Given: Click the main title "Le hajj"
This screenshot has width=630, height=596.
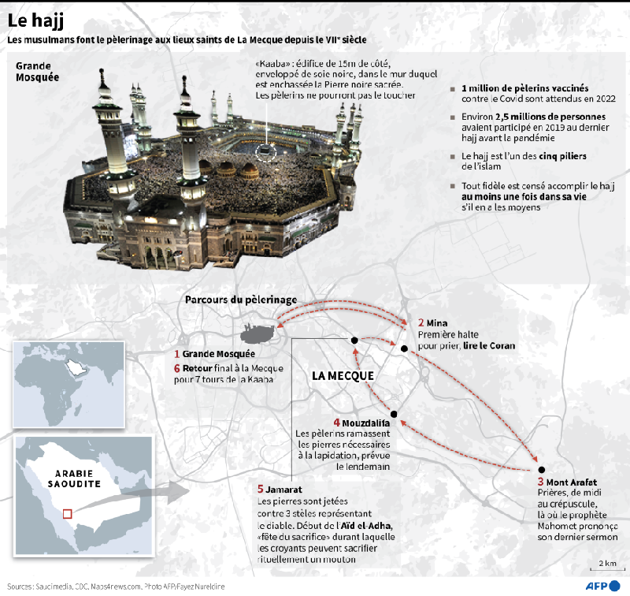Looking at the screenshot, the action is pyautogui.click(x=35, y=21).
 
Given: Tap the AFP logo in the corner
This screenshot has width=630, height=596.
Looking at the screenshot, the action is pyautogui.click(x=602, y=586).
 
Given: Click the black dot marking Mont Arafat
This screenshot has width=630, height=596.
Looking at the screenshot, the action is pyautogui.click(x=541, y=469).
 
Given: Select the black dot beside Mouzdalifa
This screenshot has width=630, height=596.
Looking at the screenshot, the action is pyautogui.click(x=394, y=414).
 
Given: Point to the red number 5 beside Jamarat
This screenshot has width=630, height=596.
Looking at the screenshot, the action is pyautogui.click(x=261, y=489).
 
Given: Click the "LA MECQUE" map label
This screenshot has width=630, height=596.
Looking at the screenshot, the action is pyautogui.click(x=343, y=375).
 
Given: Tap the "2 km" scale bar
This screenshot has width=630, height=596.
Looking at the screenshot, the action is pyautogui.click(x=607, y=568).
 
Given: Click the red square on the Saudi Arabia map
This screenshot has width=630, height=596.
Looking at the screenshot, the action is pyautogui.click(x=68, y=514).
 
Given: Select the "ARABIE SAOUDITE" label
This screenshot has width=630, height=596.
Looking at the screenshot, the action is pyautogui.click(x=74, y=479).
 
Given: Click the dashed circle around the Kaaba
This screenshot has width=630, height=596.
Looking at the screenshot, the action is pyautogui.click(x=266, y=152).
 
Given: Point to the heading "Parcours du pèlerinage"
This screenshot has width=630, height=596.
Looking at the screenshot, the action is pyautogui.click(x=241, y=300).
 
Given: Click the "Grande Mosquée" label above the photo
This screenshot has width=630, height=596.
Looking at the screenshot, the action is pyautogui.click(x=37, y=72).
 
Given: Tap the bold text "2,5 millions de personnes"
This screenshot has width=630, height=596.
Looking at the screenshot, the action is pyautogui.click(x=550, y=117).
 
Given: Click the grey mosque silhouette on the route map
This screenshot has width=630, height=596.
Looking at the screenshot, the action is pyautogui.click(x=258, y=334).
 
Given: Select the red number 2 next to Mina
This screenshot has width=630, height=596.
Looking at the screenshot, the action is pyautogui.click(x=421, y=322).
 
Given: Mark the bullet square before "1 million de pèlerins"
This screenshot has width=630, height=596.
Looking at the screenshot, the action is pyautogui.click(x=453, y=89).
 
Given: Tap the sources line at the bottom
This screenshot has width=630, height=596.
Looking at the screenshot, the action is pyautogui.click(x=116, y=587).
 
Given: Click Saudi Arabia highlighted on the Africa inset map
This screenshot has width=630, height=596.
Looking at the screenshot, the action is pyautogui.click(x=76, y=367).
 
